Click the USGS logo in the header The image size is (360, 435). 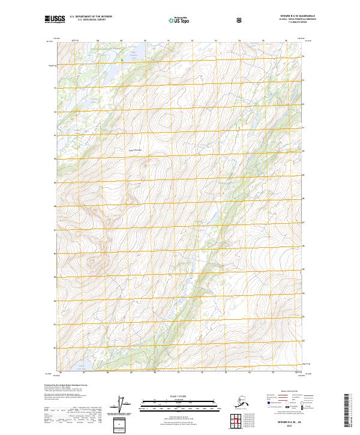point(55,20)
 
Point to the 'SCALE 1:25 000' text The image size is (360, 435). point(179,396)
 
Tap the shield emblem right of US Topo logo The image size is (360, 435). point(240,20)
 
